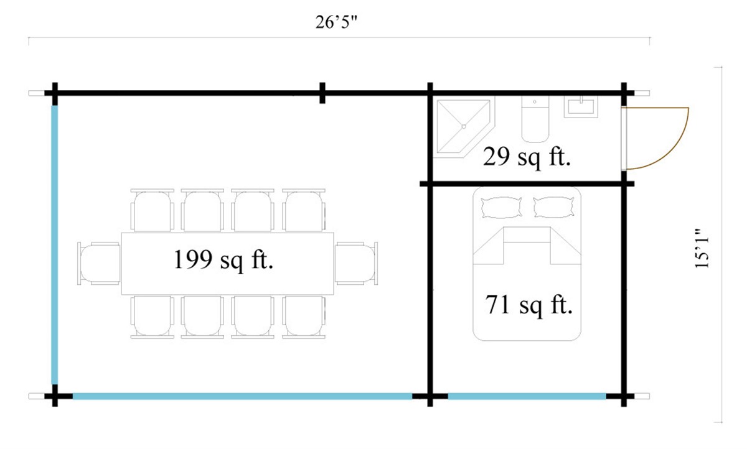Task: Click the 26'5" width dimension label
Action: (339, 24)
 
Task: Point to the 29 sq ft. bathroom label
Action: (527, 158)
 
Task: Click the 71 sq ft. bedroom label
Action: (528, 305)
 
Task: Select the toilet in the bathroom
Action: (535, 121)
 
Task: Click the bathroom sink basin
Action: (581, 106)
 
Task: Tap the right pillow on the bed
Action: (553, 207)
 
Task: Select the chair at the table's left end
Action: (99, 263)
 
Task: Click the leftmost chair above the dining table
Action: (152, 210)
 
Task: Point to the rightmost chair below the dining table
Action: (304, 317)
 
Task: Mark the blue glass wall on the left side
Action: (55, 245)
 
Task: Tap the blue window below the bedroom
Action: (527, 396)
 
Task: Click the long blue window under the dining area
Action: (243, 396)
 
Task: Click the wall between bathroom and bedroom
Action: (527, 184)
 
